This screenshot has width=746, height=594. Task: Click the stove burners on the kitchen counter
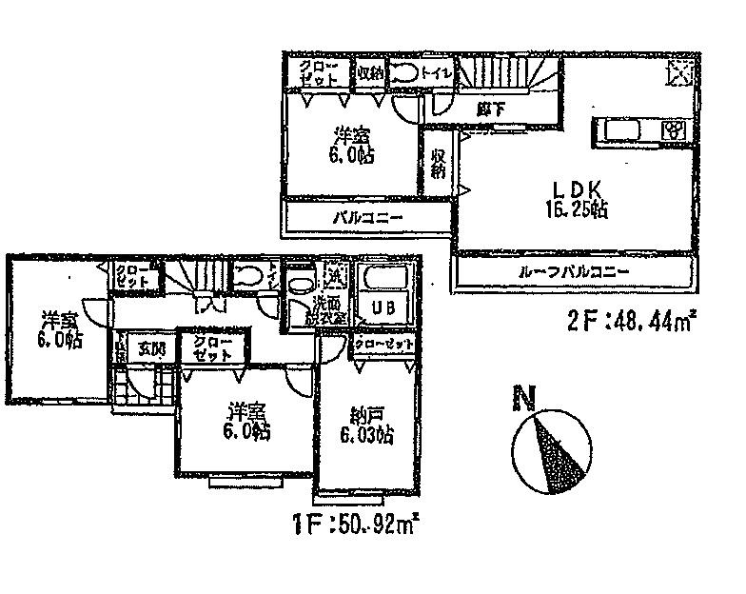[674, 129]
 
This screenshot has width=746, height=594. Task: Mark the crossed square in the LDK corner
[680, 70]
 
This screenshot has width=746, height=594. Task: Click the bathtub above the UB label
[385, 280]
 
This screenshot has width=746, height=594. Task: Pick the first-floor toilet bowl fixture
[248, 277]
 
